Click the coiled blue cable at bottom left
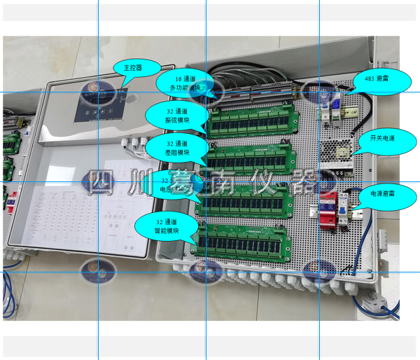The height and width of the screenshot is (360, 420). [x=8, y=287]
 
